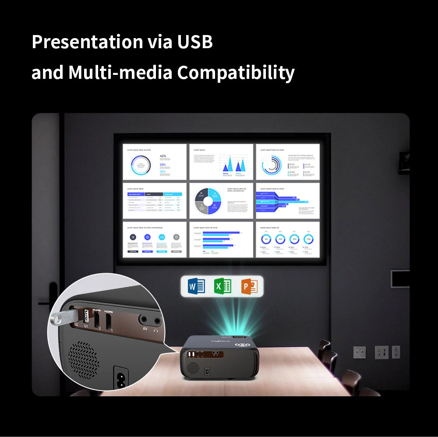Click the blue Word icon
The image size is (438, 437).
click(196, 286)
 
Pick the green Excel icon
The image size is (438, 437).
click(223, 286)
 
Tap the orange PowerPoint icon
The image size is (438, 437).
click(249, 286)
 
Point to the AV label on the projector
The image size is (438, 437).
click(145, 328)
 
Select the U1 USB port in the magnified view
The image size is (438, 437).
click(86, 316)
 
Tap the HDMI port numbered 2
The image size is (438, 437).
click(96, 318)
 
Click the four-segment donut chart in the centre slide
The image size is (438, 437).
click(206, 200)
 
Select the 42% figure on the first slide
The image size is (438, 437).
click(163, 156)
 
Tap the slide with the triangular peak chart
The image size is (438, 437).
click(221, 162)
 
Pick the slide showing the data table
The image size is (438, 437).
click(154, 200)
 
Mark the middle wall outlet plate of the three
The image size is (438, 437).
click(381, 352)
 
